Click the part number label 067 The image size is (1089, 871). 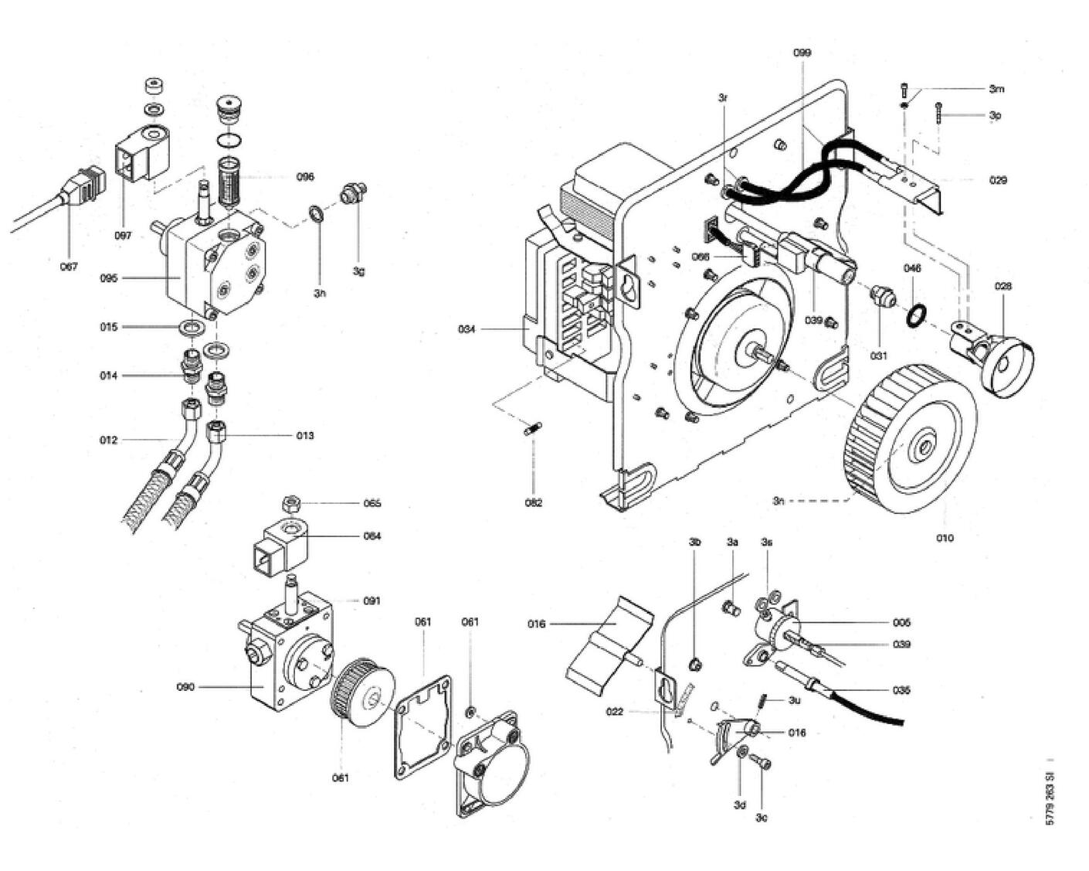(x=69, y=267)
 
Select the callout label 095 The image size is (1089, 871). (x=109, y=278)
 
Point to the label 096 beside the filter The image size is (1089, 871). (x=305, y=177)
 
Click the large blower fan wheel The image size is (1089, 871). (x=911, y=441)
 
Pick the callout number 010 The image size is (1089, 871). (x=945, y=538)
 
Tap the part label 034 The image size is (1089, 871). (x=466, y=330)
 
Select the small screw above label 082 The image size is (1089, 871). (x=532, y=427)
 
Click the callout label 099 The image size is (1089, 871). (x=802, y=53)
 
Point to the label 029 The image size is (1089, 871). (x=998, y=180)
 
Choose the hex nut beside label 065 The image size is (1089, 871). (x=291, y=504)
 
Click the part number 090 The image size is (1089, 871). (x=185, y=686)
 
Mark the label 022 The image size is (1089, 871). (x=614, y=712)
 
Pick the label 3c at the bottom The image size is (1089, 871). (x=762, y=818)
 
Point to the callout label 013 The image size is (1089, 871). (x=305, y=436)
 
